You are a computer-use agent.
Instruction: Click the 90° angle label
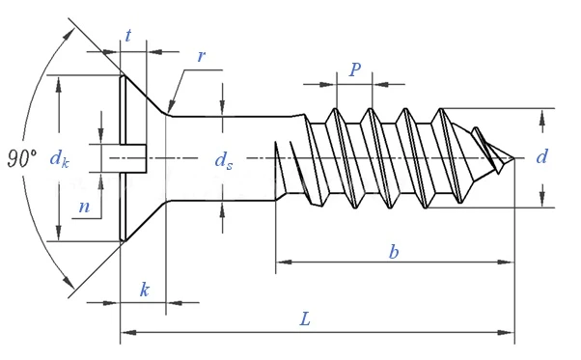click(x=22, y=158)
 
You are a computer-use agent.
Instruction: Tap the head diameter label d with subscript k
click(x=59, y=159)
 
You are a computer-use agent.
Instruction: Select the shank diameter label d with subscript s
click(x=224, y=161)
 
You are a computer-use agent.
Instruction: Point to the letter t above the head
click(x=127, y=36)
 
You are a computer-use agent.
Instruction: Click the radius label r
click(x=201, y=56)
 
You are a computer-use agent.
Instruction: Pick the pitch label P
click(x=354, y=69)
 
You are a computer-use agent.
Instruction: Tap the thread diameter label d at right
click(x=541, y=156)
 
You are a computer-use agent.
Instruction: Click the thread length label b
click(x=394, y=252)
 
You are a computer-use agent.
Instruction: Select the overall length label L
click(x=305, y=318)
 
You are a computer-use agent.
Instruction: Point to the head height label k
click(x=145, y=290)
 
